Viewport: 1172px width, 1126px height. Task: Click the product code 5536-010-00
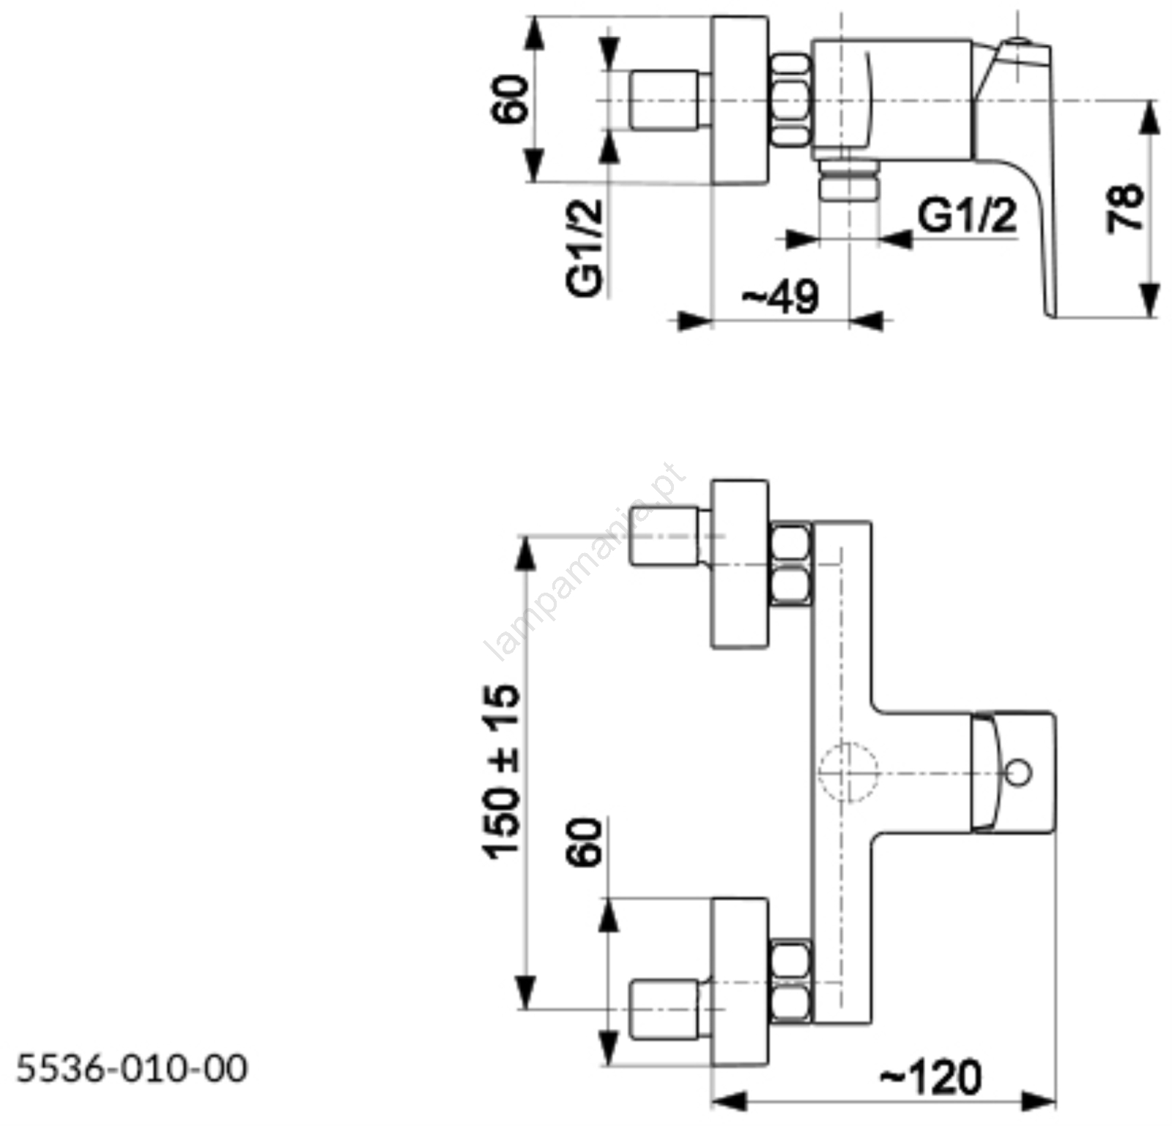pyautogui.click(x=132, y=1069)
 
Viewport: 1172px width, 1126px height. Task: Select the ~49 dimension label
pyautogui.click(x=781, y=297)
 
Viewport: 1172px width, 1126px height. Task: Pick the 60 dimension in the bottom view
pyautogui.click(x=586, y=842)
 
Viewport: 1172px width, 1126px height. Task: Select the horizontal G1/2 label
pyautogui.click(x=968, y=216)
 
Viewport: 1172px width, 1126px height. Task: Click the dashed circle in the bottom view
pyautogui.click(x=848, y=772)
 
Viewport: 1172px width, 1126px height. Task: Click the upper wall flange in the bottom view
pyautogui.click(x=740, y=564)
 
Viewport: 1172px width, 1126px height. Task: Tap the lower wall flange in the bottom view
pyautogui.click(x=740, y=982)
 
